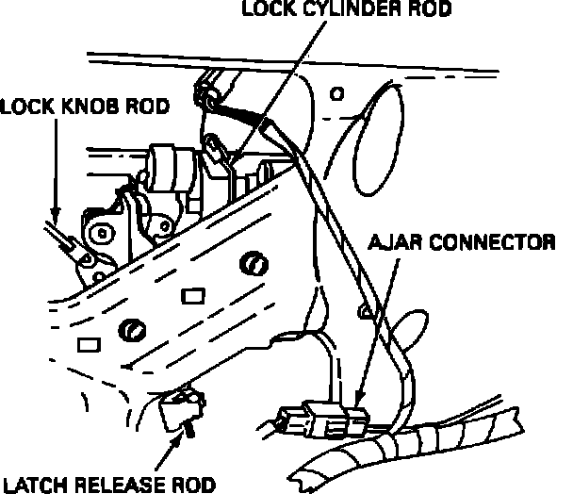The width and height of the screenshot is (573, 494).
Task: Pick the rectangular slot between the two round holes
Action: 192,297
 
